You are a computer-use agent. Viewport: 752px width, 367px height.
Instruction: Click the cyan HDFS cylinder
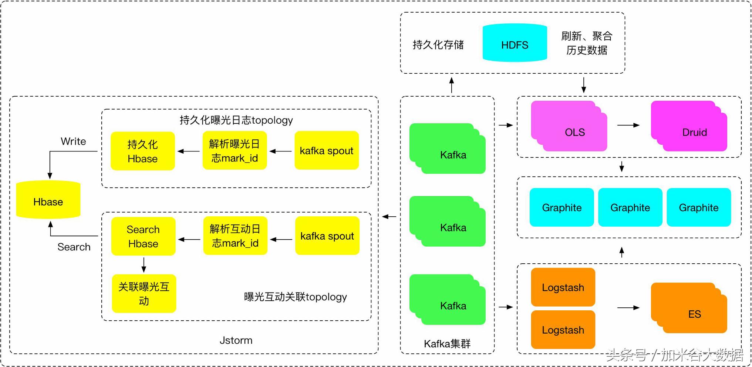515,43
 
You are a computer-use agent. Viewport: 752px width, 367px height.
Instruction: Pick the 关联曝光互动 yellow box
144,294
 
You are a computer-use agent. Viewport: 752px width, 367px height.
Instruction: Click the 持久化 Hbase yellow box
143,151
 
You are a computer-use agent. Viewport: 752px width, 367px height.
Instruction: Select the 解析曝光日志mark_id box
235,151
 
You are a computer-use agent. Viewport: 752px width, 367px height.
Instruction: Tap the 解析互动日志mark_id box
235,236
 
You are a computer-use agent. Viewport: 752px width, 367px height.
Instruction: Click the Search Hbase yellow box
143,236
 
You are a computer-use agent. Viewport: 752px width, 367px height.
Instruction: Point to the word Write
73,141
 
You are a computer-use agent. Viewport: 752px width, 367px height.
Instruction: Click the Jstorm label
236,340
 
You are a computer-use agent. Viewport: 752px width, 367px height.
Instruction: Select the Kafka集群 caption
447,344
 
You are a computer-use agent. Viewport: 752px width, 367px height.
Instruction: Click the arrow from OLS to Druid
628,125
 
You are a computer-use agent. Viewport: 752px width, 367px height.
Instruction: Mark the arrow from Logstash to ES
628,307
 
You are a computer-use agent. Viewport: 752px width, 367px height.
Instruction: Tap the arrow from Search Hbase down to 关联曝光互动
144,265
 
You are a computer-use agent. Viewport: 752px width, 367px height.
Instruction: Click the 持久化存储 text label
438,45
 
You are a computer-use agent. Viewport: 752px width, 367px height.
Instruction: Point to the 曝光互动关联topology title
295,297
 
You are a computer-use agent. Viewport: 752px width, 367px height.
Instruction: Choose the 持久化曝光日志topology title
236,120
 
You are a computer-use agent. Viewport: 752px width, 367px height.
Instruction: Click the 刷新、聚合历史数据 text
587,43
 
